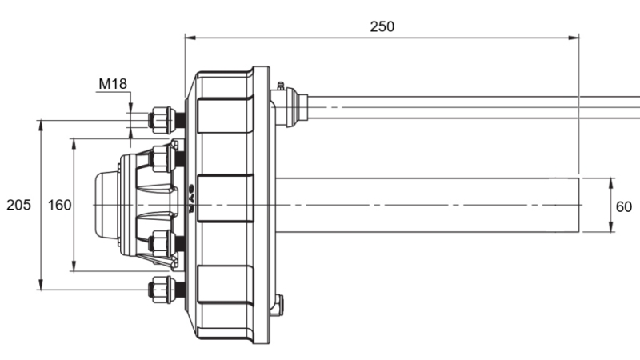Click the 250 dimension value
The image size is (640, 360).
click(382, 26)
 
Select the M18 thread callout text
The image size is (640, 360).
click(113, 82)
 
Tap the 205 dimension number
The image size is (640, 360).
click(18, 206)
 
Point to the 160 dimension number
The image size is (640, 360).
click(59, 206)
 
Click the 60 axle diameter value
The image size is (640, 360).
click(623, 206)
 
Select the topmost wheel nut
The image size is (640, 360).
click(162, 120)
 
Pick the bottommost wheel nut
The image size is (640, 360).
click(162, 289)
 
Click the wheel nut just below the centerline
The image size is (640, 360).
click(162, 244)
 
